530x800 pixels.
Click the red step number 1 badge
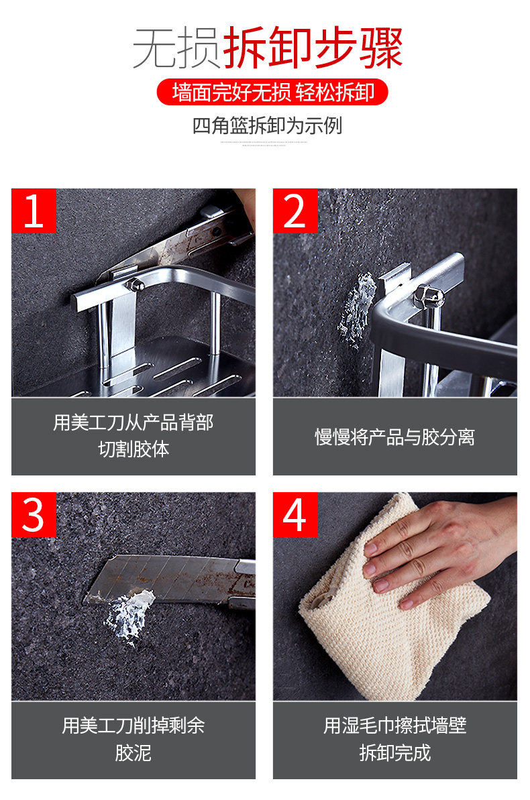[34, 211]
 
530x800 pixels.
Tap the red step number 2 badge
[295, 211]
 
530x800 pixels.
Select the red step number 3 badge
[34, 514]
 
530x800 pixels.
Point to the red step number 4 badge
[295, 514]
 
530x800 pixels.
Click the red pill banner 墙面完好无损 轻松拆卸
[272, 93]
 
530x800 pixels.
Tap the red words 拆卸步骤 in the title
[313, 48]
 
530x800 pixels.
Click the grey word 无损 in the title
[176, 48]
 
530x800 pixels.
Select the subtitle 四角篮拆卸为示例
[267, 125]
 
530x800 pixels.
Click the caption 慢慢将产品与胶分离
[394, 437]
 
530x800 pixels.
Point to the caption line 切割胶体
[134, 449]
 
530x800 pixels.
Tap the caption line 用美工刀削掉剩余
[134, 726]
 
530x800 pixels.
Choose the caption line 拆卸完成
[394, 753]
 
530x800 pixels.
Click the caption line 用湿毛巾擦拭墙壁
[394, 726]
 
